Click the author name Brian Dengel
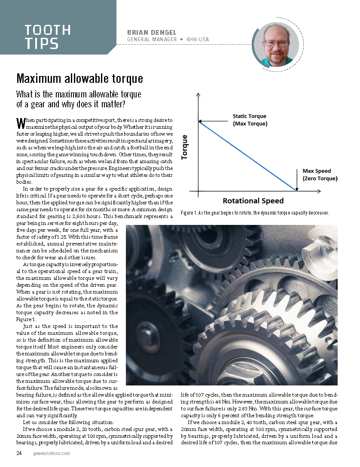[152, 32]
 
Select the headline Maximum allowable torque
[79, 79]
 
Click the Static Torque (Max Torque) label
[250, 120]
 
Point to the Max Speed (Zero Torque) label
[320, 175]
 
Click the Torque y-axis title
[185, 147]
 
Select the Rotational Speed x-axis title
[253, 200]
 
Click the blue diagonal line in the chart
[247, 156]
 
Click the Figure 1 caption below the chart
[255, 213]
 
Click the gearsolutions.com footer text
[52, 453]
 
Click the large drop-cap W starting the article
[20, 123]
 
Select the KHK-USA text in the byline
[200, 39]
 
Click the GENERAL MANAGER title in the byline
[152, 39]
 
